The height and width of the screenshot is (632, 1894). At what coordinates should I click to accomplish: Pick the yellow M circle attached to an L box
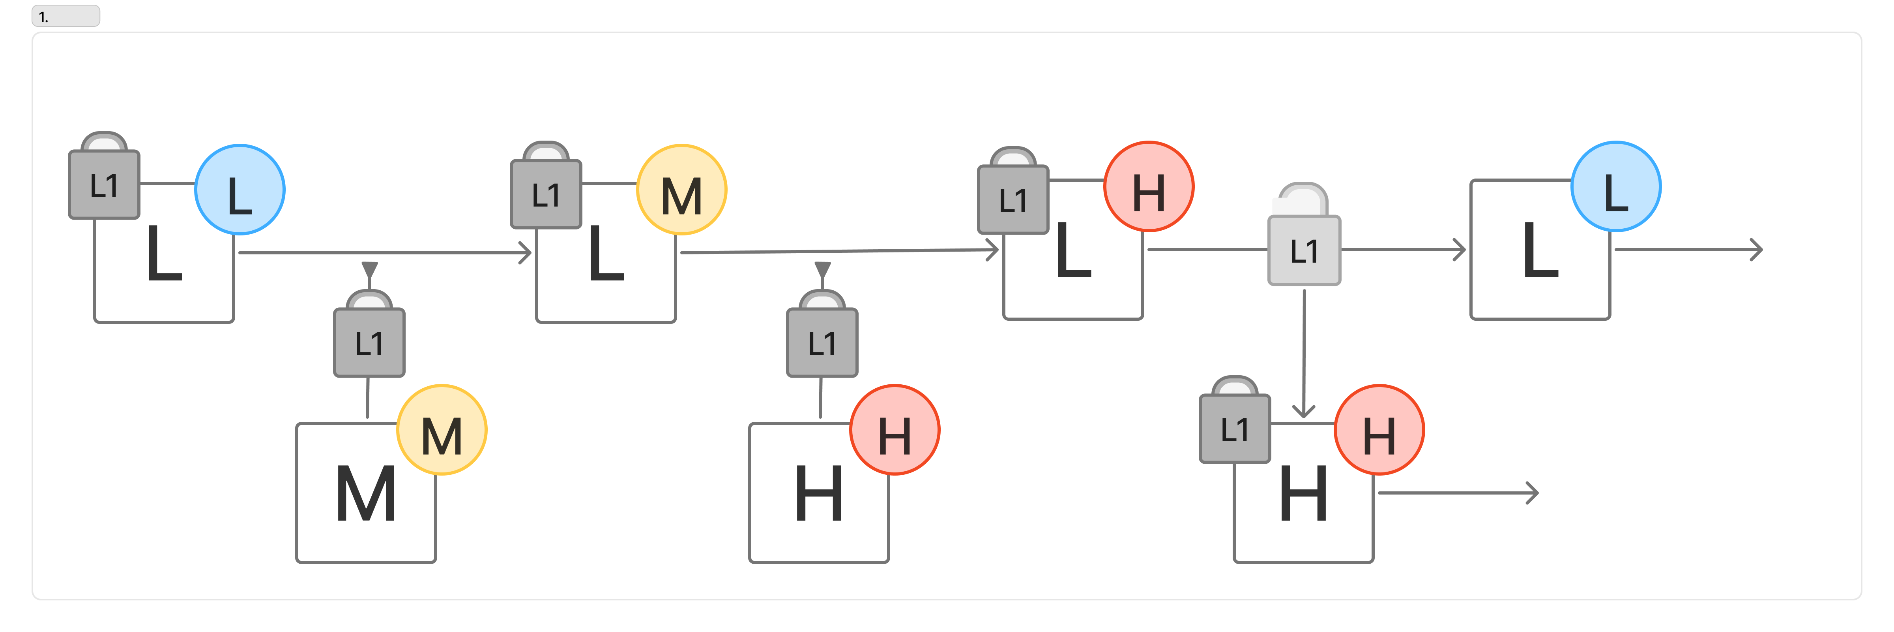tap(681, 190)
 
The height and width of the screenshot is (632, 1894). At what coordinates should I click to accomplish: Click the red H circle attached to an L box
tap(1149, 186)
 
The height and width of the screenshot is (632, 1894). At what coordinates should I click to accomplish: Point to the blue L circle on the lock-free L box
tap(1615, 186)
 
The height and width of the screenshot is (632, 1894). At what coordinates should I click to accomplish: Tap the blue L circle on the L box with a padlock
tap(240, 190)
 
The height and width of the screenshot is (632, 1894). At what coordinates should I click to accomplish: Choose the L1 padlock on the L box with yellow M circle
tap(546, 185)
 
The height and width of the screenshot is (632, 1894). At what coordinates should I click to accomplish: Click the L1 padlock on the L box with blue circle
tap(104, 176)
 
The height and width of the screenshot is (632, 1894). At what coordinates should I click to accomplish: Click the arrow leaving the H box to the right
tap(1458, 493)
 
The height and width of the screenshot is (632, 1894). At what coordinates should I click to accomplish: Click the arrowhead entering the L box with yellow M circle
tap(525, 253)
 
